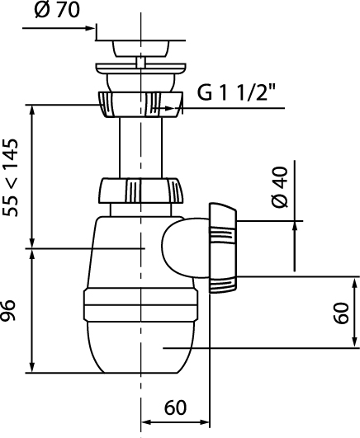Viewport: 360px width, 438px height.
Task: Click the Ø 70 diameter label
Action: [57, 11]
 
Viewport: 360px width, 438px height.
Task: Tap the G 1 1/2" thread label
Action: [237, 92]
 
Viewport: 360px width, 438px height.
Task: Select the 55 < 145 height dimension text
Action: [11, 177]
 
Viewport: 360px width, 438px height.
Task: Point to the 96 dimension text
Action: [7, 310]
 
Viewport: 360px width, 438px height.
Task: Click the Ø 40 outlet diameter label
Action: [280, 187]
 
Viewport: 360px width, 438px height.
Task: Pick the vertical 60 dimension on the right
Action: [342, 313]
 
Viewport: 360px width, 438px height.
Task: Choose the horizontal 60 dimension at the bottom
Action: [175, 407]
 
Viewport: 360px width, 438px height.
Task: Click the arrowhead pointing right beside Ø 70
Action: [90, 28]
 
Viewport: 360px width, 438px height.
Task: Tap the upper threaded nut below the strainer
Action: [140, 104]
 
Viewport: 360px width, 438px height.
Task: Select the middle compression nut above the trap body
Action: [141, 191]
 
